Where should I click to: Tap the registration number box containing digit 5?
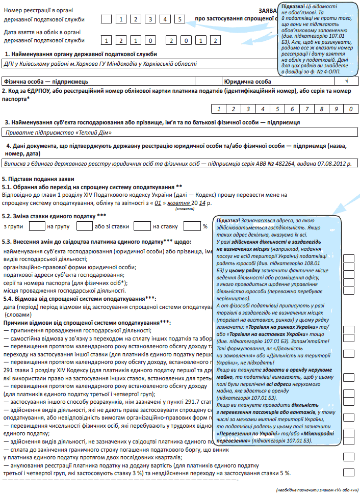click(x=181, y=19)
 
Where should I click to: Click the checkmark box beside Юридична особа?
click(x=347, y=81)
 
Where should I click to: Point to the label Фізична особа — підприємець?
click(x=46, y=81)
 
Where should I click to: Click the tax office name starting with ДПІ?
click(x=100, y=64)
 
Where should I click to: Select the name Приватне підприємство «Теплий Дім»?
click(x=58, y=133)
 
